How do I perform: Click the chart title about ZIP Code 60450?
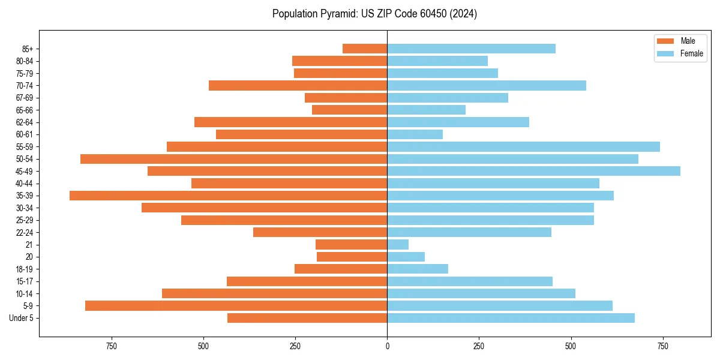tap(374, 14)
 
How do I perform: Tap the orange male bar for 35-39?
tap(228, 196)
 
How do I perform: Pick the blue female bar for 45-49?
tap(533, 171)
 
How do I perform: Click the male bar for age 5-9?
tap(236, 306)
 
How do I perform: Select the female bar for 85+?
tap(471, 49)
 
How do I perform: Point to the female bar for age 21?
tap(398, 245)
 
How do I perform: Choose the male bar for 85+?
tap(365, 49)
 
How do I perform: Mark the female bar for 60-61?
tap(415, 134)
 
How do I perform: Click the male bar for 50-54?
tap(233, 159)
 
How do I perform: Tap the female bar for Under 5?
tap(511, 318)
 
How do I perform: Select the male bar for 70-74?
tap(298, 85)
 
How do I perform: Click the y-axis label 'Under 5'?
tap(21, 318)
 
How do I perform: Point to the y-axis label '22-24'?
tap(25, 233)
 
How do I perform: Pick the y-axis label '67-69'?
tap(25, 98)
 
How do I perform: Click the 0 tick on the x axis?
tap(387, 346)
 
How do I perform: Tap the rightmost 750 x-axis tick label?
tap(662, 346)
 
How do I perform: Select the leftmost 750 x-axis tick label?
tap(111, 346)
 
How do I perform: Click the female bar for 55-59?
tap(523, 146)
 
